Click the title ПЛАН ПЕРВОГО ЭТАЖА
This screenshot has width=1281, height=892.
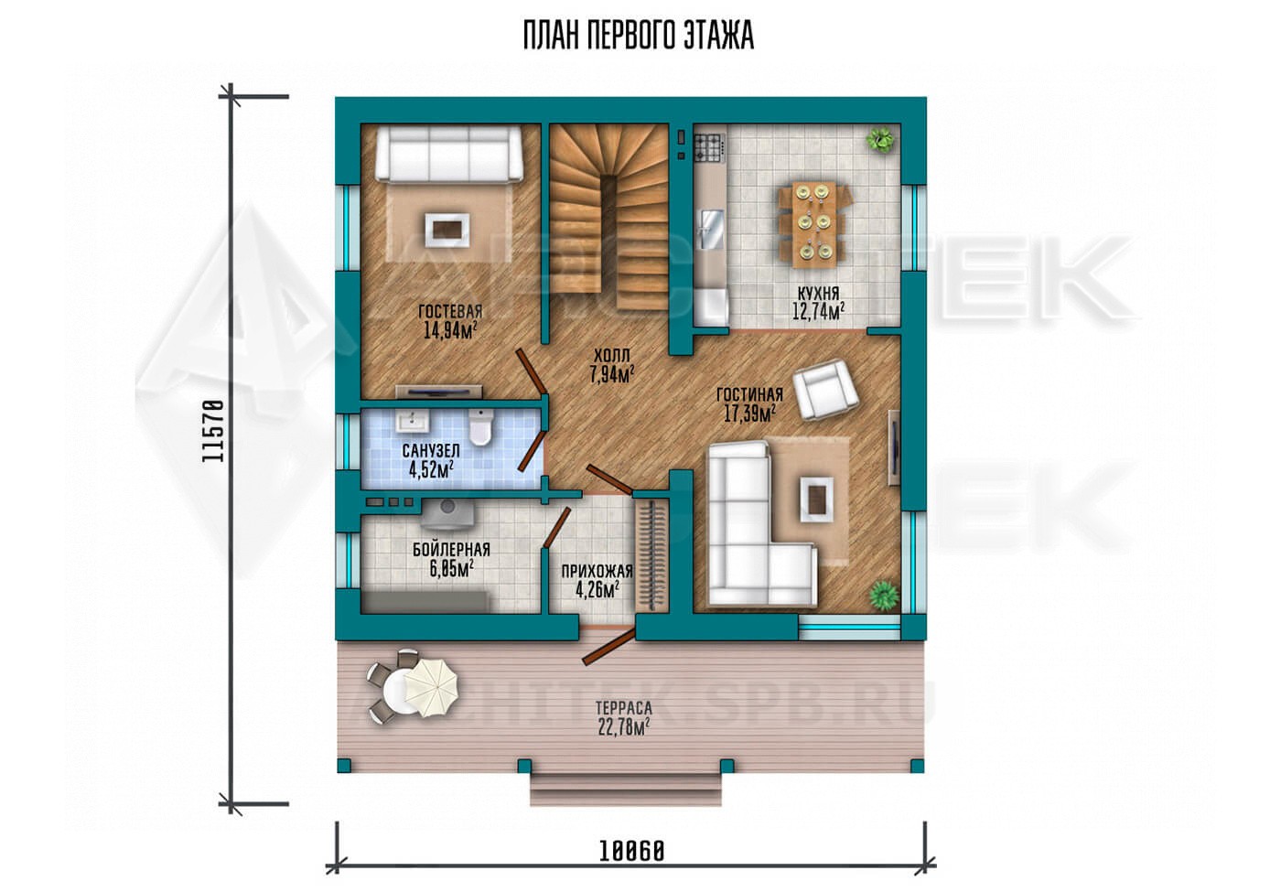(x=639, y=36)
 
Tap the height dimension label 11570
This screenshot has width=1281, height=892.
(x=213, y=431)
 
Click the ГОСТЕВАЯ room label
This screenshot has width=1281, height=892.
(x=450, y=312)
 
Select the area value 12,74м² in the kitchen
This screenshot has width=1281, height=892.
(x=818, y=312)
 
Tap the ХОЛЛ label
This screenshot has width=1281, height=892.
(x=612, y=355)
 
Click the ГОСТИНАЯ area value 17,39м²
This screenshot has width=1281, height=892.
(x=749, y=413)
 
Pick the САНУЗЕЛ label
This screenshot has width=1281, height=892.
(x=431, y=450)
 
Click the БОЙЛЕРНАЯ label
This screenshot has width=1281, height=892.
(x=452, y=550)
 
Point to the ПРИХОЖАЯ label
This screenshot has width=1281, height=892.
(x=597, y=571)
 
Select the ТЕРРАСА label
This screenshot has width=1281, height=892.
(x=624, y=708)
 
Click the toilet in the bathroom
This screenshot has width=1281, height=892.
(x=480, y=426)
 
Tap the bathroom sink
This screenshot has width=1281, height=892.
(x=413, y=420)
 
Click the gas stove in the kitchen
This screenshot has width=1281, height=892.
(x=710, y=147)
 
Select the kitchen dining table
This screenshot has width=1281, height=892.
(x=814, y=225)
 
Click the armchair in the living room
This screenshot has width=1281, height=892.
(x=825, y=390)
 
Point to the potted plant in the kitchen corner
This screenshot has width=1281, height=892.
(x=879, y=139)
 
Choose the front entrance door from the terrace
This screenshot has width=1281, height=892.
(x=608, y=647)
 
